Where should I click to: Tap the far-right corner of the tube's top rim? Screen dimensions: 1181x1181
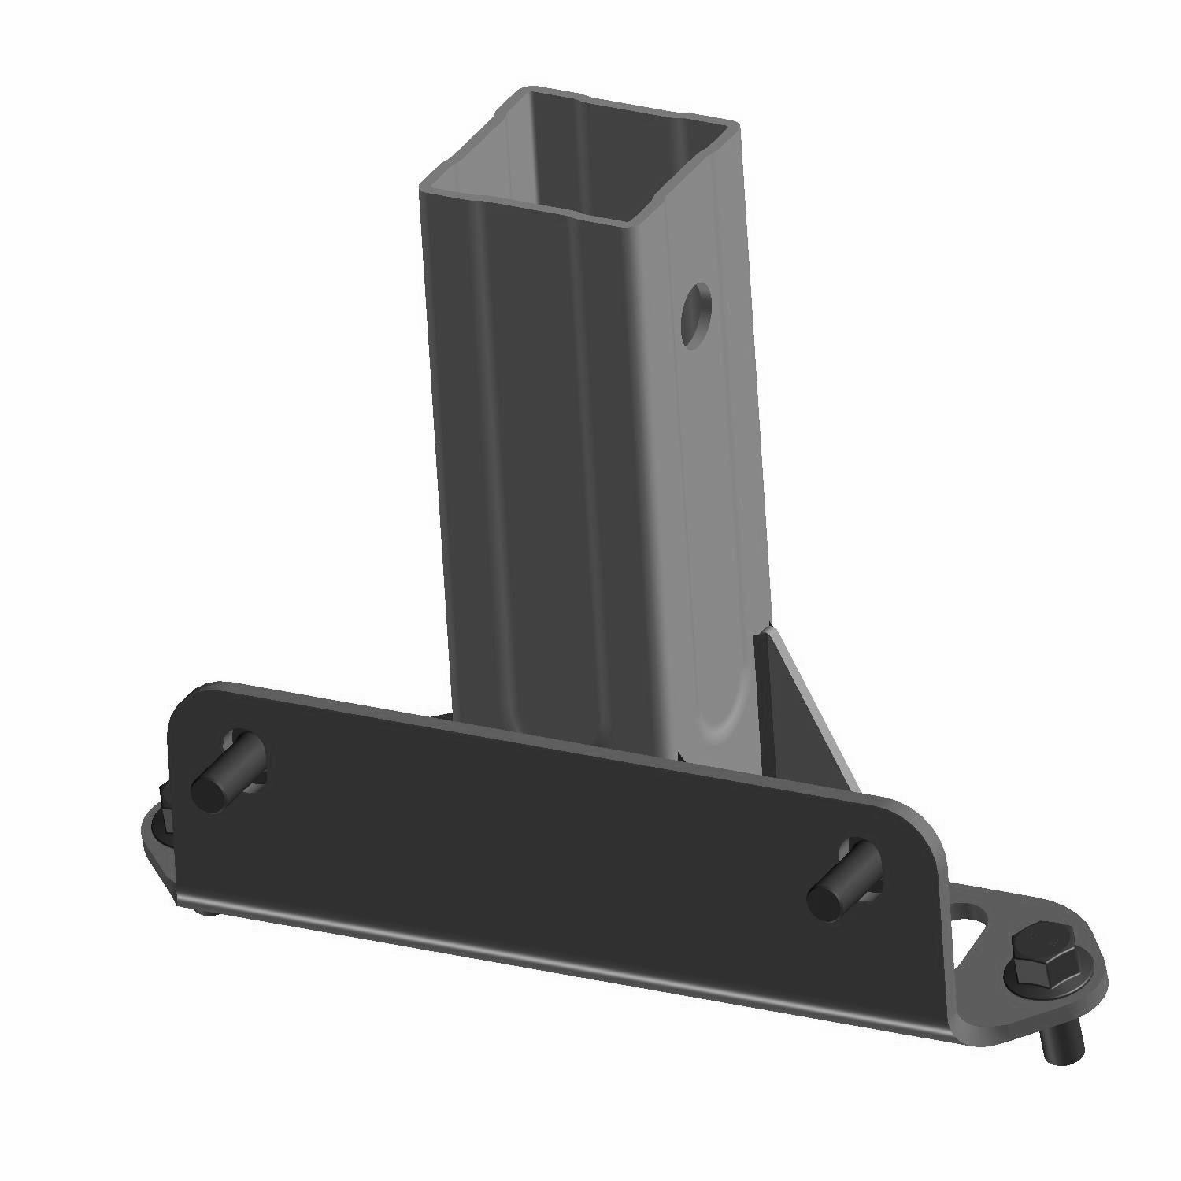pyautogui.click(x=736, y=126)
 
